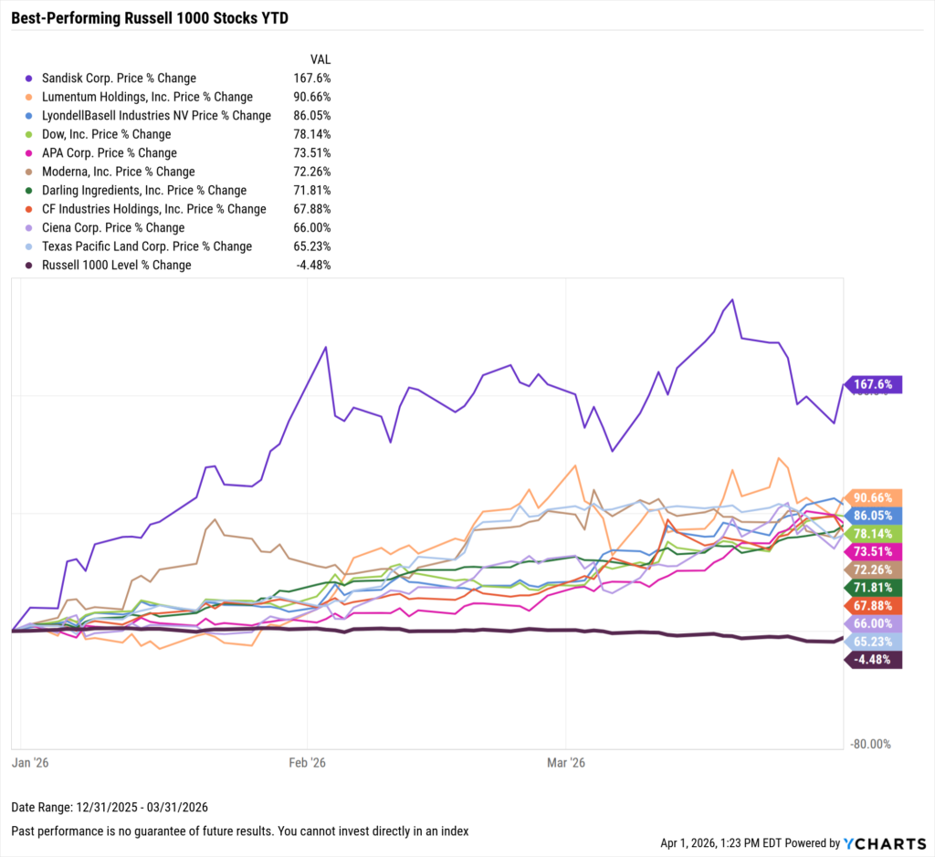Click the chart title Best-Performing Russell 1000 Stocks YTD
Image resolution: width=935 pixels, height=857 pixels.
pyautogui.click(x=150, y=17)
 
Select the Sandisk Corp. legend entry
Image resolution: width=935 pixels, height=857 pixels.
pyautogui.click(x=119, y=78)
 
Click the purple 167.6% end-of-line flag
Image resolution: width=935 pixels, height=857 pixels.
pyautogui.click(x=875, y=384)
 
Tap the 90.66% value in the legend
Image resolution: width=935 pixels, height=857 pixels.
pyautogui.click(x=311, y=97)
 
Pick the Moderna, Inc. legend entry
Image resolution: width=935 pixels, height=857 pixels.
pyautogui.click(x=118, y=172)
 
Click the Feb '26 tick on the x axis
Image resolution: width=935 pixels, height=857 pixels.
pyautogui.click(x=309, y=762)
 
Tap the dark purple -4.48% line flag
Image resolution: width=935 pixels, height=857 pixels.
pyautogui.click(x=875, y=661)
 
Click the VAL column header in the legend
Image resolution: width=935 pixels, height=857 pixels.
pyautogui.click(x=320, y=58)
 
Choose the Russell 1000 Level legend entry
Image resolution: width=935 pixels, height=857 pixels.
pyautogui.click(x=116, y=265)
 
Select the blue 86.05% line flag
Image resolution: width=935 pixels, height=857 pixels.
pyautogui.click(x=875, y=515)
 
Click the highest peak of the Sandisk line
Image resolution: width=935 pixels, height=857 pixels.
pyautogui.click(x=732, y=299)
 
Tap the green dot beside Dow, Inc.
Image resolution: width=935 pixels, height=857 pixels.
pyautogui.click(x=30, y=134)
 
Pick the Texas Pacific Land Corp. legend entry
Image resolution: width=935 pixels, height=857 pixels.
pyautogui.click(x=146, y=246)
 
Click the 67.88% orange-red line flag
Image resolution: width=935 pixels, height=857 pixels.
pyautogui.click(x=875, y=606)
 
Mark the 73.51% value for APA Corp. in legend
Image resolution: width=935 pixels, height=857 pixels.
pyautogui.click(x=311, y=153)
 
